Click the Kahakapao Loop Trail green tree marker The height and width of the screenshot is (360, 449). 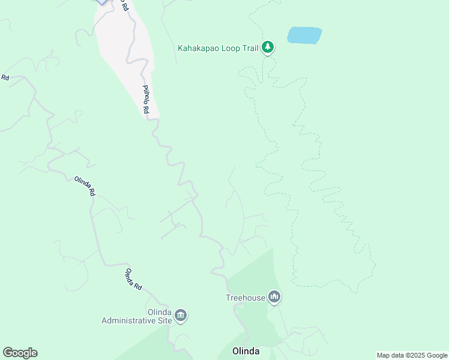click(268, 47)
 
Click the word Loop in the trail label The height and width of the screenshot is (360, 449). click(234, 48)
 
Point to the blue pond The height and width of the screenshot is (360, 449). click(304, 35)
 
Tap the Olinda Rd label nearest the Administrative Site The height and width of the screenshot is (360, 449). click(133, 280)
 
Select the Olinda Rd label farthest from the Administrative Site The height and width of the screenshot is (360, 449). click(85, 186)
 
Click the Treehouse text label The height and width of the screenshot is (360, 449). click(245, 297)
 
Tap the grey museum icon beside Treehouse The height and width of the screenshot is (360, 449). click(274, 296)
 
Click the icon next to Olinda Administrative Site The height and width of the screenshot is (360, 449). click(181, 315)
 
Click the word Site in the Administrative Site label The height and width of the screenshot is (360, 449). click(165, 320)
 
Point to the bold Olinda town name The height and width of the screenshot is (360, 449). click(246, 351)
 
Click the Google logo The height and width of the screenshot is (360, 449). click(20, 353)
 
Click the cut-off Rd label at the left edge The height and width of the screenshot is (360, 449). click(5, 77)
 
